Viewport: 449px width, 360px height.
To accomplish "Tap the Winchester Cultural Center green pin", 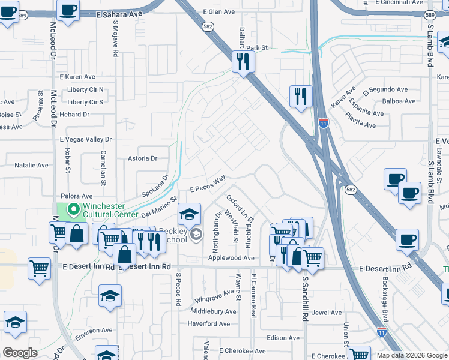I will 74,209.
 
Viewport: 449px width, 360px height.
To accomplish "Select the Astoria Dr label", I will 142,159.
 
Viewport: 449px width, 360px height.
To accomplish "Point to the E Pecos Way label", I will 208,184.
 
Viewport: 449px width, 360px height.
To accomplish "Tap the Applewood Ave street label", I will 231,258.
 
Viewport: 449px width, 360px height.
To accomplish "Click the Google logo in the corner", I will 20,353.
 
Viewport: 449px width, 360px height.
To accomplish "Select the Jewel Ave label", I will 327,313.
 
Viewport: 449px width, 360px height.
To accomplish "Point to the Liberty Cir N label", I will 85,90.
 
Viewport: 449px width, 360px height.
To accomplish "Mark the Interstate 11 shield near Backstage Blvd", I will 381,331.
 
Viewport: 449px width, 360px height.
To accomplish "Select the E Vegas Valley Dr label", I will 86,139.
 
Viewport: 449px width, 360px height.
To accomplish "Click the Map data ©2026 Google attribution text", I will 411,355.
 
